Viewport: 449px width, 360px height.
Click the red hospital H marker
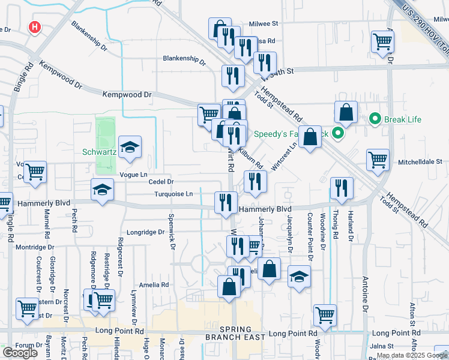(35, 27)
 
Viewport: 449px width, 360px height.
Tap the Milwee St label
(262, 24)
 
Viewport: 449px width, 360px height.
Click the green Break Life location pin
(375, 119)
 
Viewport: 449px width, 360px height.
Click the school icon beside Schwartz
(129, 148)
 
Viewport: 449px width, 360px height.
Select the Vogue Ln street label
(133, 173)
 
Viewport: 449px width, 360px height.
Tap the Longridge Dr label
(145, 232)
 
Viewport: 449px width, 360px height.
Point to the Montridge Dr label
(35, 247)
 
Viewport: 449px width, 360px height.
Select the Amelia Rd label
(154, 285)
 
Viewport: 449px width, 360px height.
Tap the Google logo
(20, 352)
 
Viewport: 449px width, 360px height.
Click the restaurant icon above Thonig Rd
(341, 187)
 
